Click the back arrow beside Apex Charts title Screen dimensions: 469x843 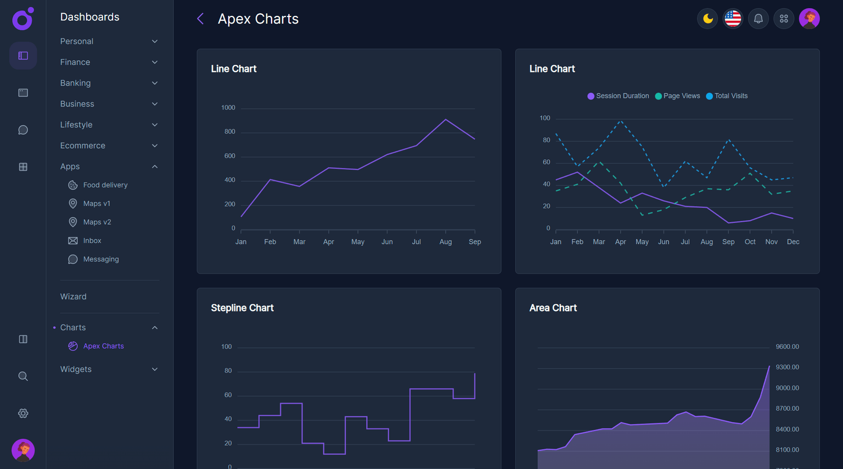click(x=200, y=19)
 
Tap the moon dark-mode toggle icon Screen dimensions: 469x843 click(x=707, y=19)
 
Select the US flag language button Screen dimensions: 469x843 click(x=733, y=19)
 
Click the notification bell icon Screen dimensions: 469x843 click(x=758, y=19)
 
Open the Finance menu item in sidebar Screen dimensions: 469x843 click(x=75, y=62)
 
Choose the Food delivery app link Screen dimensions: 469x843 click(x=105, y=185)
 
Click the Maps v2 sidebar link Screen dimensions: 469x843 click(x=97, y=222)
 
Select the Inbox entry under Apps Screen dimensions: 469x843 click(x=92, y=241)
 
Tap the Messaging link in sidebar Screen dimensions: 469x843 click(x=100, y=259)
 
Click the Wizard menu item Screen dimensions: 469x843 click(x=74, y=297)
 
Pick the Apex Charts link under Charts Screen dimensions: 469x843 click(x=103, y=346)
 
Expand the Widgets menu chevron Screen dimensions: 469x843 click(x=155, y=369)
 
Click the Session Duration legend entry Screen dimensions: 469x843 click(x=618, y=96)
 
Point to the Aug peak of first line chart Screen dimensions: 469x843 click(x=446, y=119)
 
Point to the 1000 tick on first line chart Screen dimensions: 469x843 click(x=228, y=108)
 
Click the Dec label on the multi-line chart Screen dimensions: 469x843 click(x=793, y=242)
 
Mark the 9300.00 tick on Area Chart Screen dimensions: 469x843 click(x=787, y=367)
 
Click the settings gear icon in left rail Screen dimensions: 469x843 click(x=23, y=414)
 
